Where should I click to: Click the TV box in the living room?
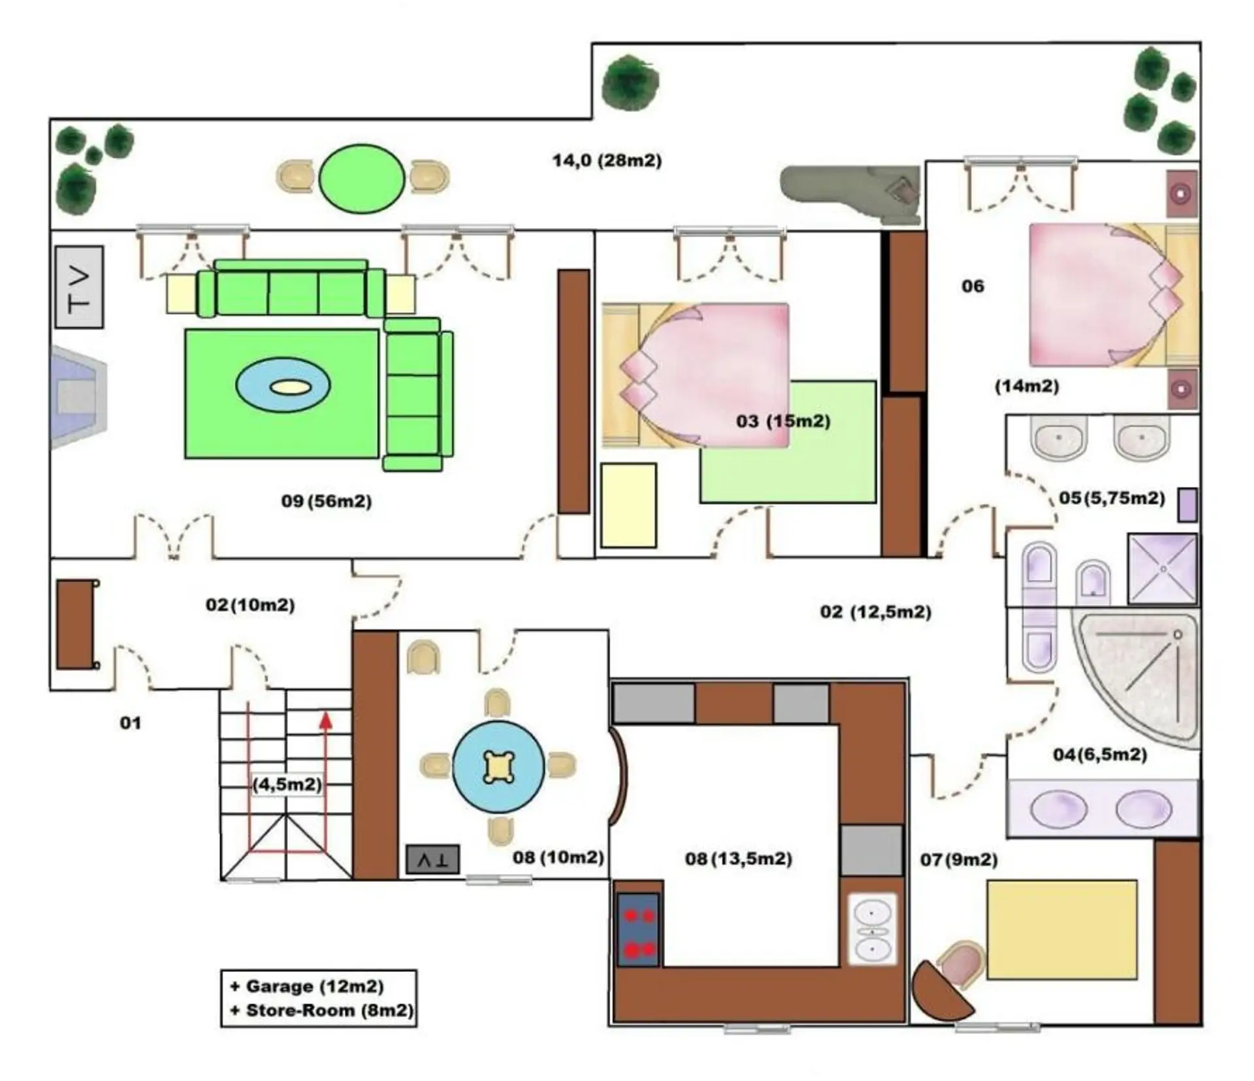click(x=79, y=287)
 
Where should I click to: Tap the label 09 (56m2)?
click(x=327, y=501)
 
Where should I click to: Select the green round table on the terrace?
click(x=362, y=178)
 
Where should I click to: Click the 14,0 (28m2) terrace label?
click(x=607, y=160)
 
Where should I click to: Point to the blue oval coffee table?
click(x=283, y=385)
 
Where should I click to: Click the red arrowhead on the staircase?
click(x=326, y=720)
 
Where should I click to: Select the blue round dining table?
click(x=498, y=767)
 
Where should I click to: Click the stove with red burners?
click(x=638, y=929)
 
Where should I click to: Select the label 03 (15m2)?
click(x=783, y=421)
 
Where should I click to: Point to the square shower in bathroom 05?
click(x=1163, y=569)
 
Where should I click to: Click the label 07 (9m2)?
click(x=959, y=860)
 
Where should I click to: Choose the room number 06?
click(x=973, y=286)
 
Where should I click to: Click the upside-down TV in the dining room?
click(x=432, y=860)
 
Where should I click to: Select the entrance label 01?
click(x=131, y=722)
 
